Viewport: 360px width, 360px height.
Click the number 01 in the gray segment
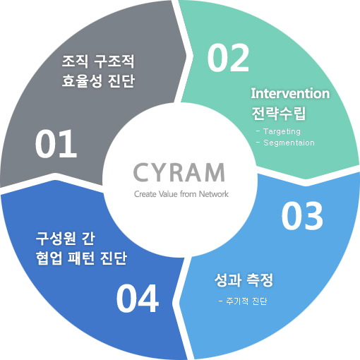[56, 144]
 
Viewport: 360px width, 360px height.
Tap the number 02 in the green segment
[228, 58]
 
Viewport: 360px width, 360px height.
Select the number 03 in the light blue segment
[302, 216]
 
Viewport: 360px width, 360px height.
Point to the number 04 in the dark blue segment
[138, 298]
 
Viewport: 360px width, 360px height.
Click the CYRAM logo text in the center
[179, 172]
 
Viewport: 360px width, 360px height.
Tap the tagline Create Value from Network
[181, 194]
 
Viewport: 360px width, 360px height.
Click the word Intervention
[290, 93]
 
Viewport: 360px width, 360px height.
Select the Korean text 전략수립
[279, 113]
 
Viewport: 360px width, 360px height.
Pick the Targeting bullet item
[278, 131]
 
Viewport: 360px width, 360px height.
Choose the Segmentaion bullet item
[285, 143]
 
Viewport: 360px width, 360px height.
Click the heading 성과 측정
[244, 280]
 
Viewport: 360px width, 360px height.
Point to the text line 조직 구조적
[98, 61]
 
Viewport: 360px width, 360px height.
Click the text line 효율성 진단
[98, 81]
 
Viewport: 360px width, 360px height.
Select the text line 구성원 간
[66, 239]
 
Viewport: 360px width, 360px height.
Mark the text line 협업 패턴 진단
[82, 258]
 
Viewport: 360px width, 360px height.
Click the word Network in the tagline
[214, 194]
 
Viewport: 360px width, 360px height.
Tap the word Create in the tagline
[145, 194]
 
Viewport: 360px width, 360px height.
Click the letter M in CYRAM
[214, 173]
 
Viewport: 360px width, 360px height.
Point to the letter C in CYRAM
[140, 173]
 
